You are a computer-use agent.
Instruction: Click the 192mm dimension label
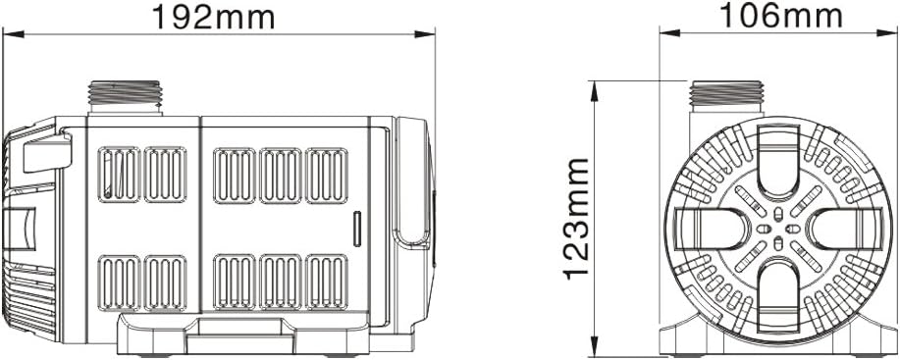tap(213, 18)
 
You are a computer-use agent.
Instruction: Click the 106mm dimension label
tap(780, 16)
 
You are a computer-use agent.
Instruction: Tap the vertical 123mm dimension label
tap(577, 219)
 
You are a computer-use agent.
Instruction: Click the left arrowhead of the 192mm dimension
tap(14, 34)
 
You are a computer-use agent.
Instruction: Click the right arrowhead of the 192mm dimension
tap(425, 34)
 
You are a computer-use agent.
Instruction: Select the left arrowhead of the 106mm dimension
tap(669, 32)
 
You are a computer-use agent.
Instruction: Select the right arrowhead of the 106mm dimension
tap(887, 32)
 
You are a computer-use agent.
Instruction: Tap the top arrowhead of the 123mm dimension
tap(594, 91)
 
